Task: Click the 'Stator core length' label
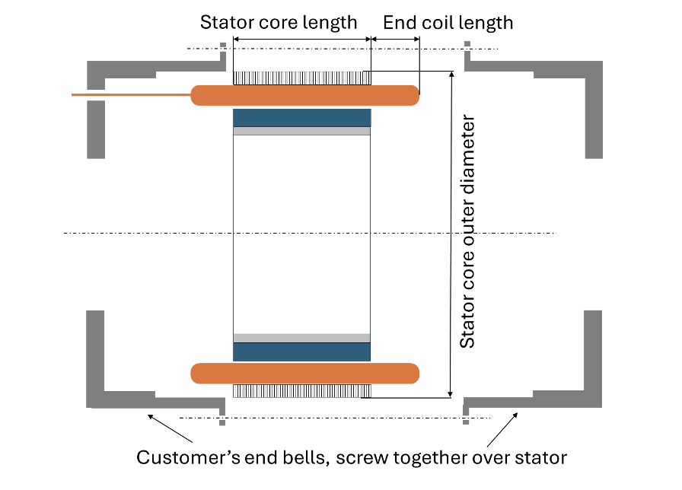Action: tap(279, 22)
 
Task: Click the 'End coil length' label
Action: tap(448, 22)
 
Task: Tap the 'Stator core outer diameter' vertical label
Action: tap(468, 232)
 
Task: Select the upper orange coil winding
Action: tap(304, 95)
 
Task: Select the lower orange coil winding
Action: tap(304, 373)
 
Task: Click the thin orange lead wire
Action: tap(129, 94)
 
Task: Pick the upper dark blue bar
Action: tap(301, 118)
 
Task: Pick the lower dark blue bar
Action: tap(301, 352)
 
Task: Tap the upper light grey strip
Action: tap(301, 131)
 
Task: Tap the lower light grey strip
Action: tap(301, 338)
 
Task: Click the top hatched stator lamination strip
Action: tap(301, 78)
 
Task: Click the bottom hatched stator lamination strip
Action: tap(301, 390)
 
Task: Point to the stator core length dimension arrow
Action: tap(301, 39)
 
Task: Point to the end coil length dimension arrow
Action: tap(395, 39)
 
